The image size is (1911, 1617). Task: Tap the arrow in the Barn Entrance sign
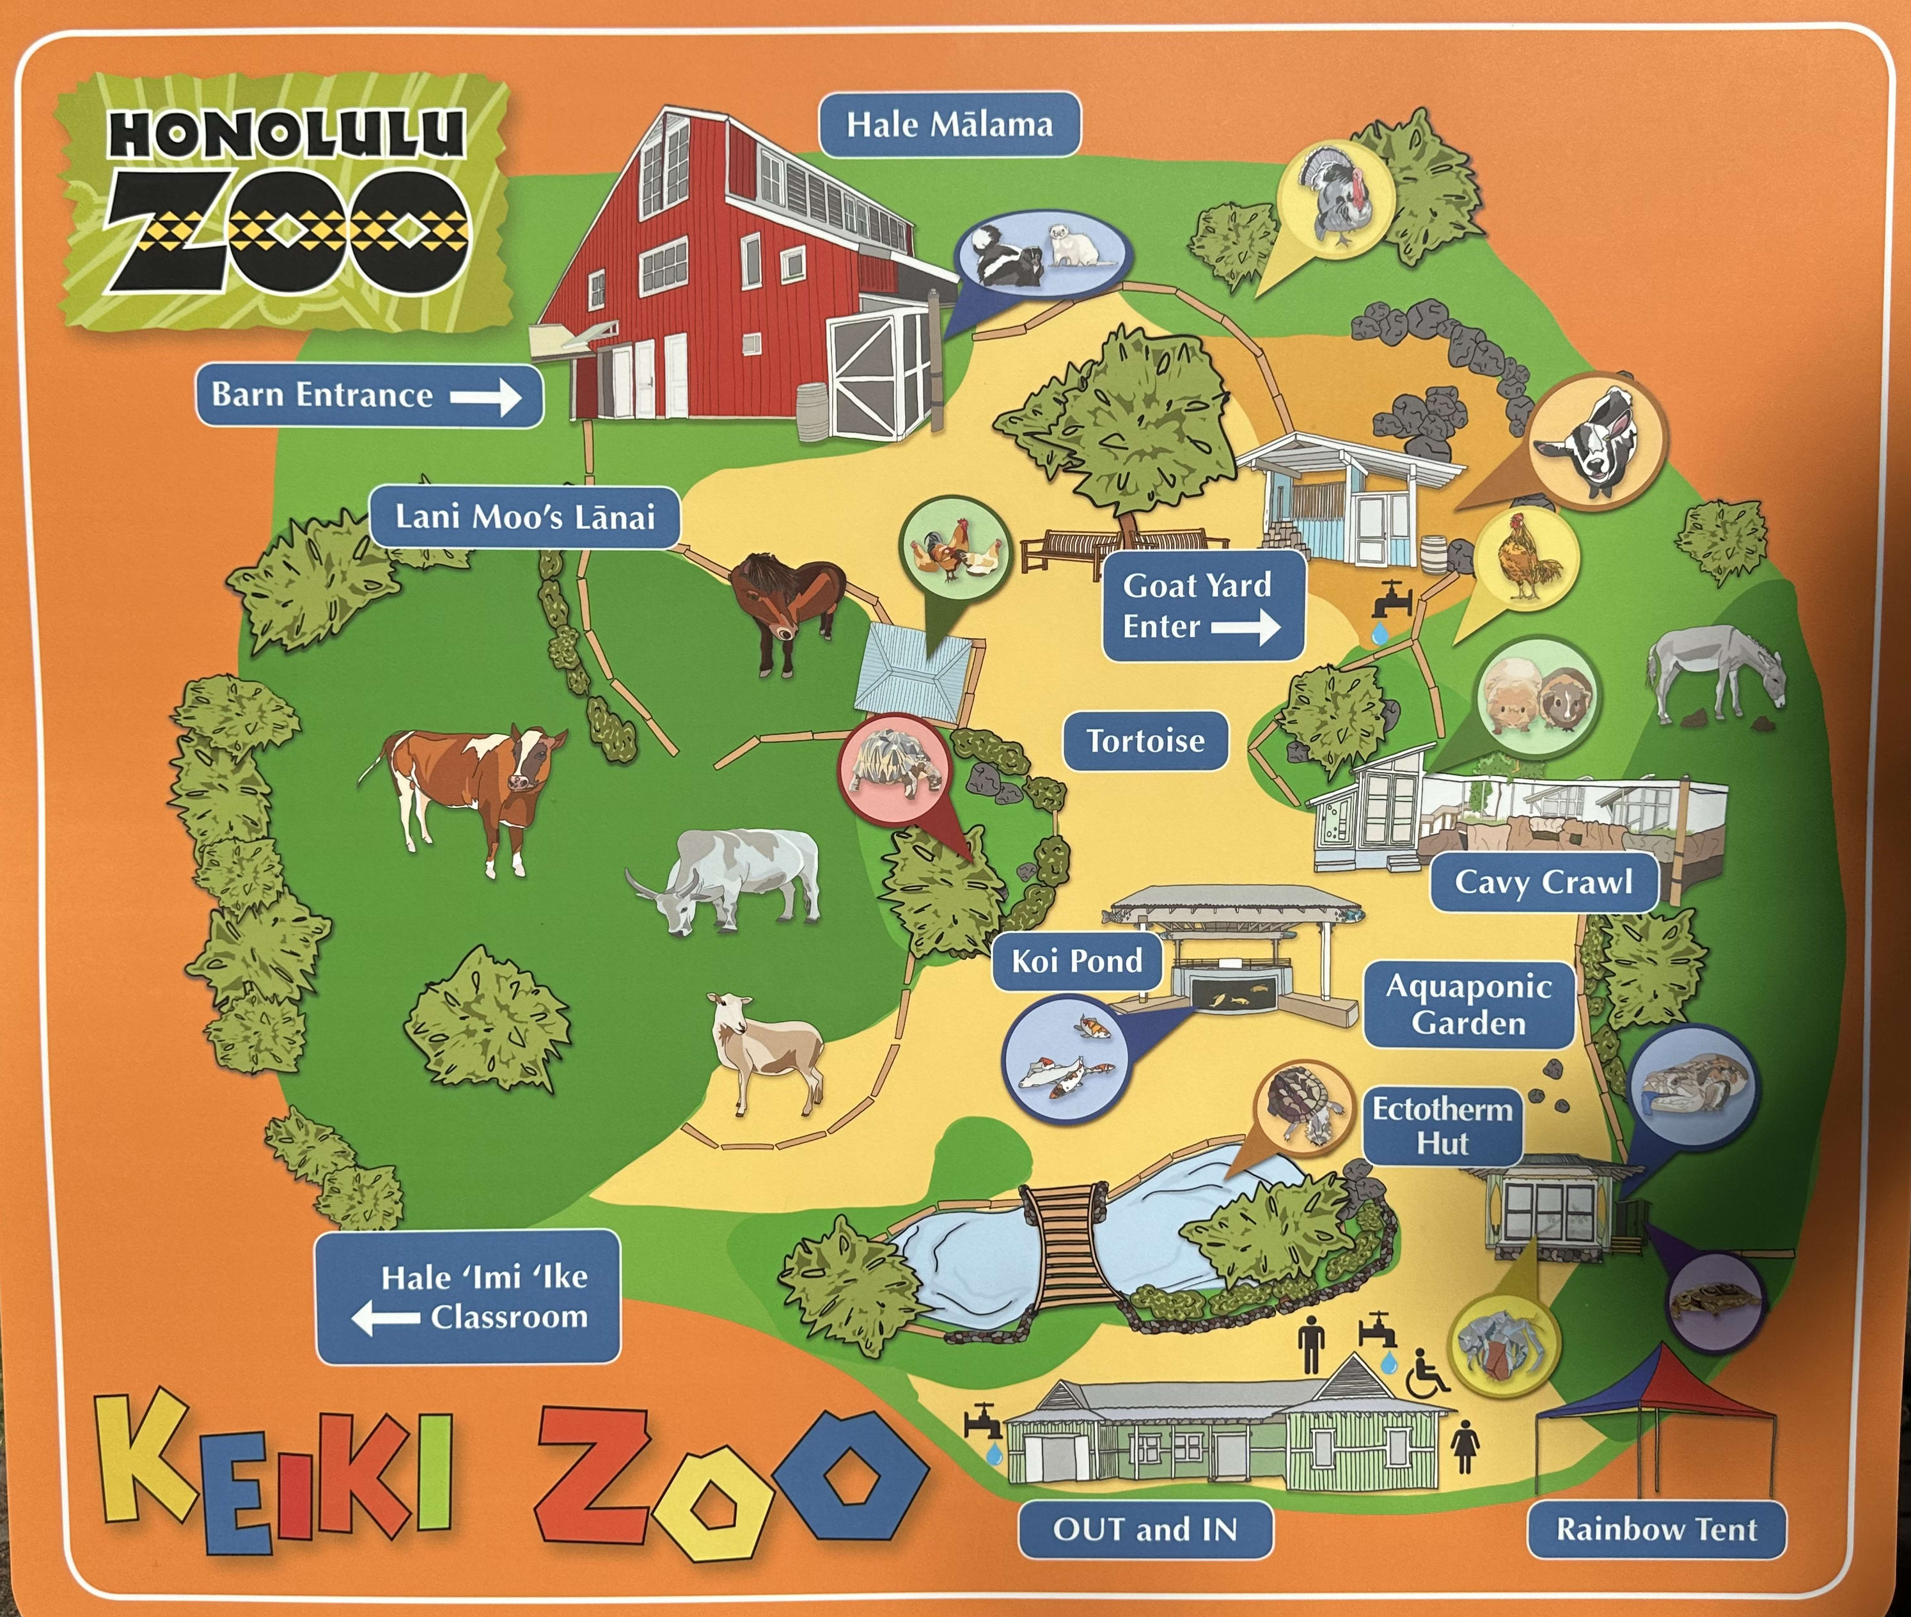(486, 397)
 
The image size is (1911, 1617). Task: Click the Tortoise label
(1145, 741)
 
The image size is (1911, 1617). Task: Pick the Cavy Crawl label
(1543, 882)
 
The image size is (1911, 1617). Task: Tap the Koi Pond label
(1077, 961)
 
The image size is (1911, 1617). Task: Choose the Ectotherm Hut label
(1442, 1126)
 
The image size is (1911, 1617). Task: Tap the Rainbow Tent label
(1656, 1529)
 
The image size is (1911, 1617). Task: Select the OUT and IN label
(1145, 1529)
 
